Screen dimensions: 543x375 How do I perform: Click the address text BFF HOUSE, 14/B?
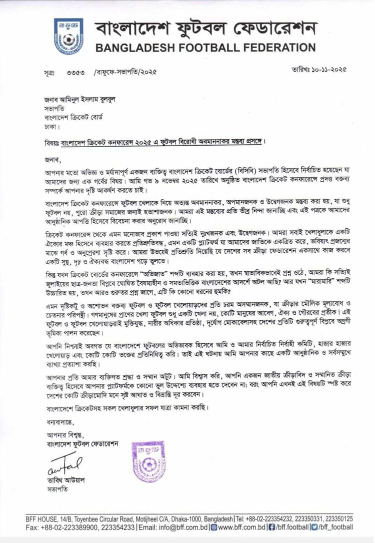47,518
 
